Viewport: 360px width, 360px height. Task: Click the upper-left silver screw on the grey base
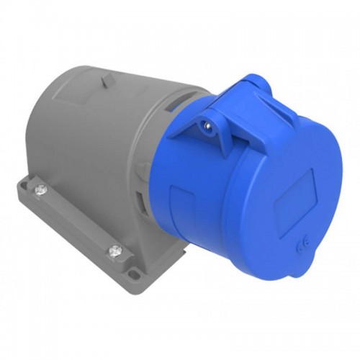click(x=39, y=189)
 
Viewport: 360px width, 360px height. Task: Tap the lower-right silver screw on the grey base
click(x=114, y=251)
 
